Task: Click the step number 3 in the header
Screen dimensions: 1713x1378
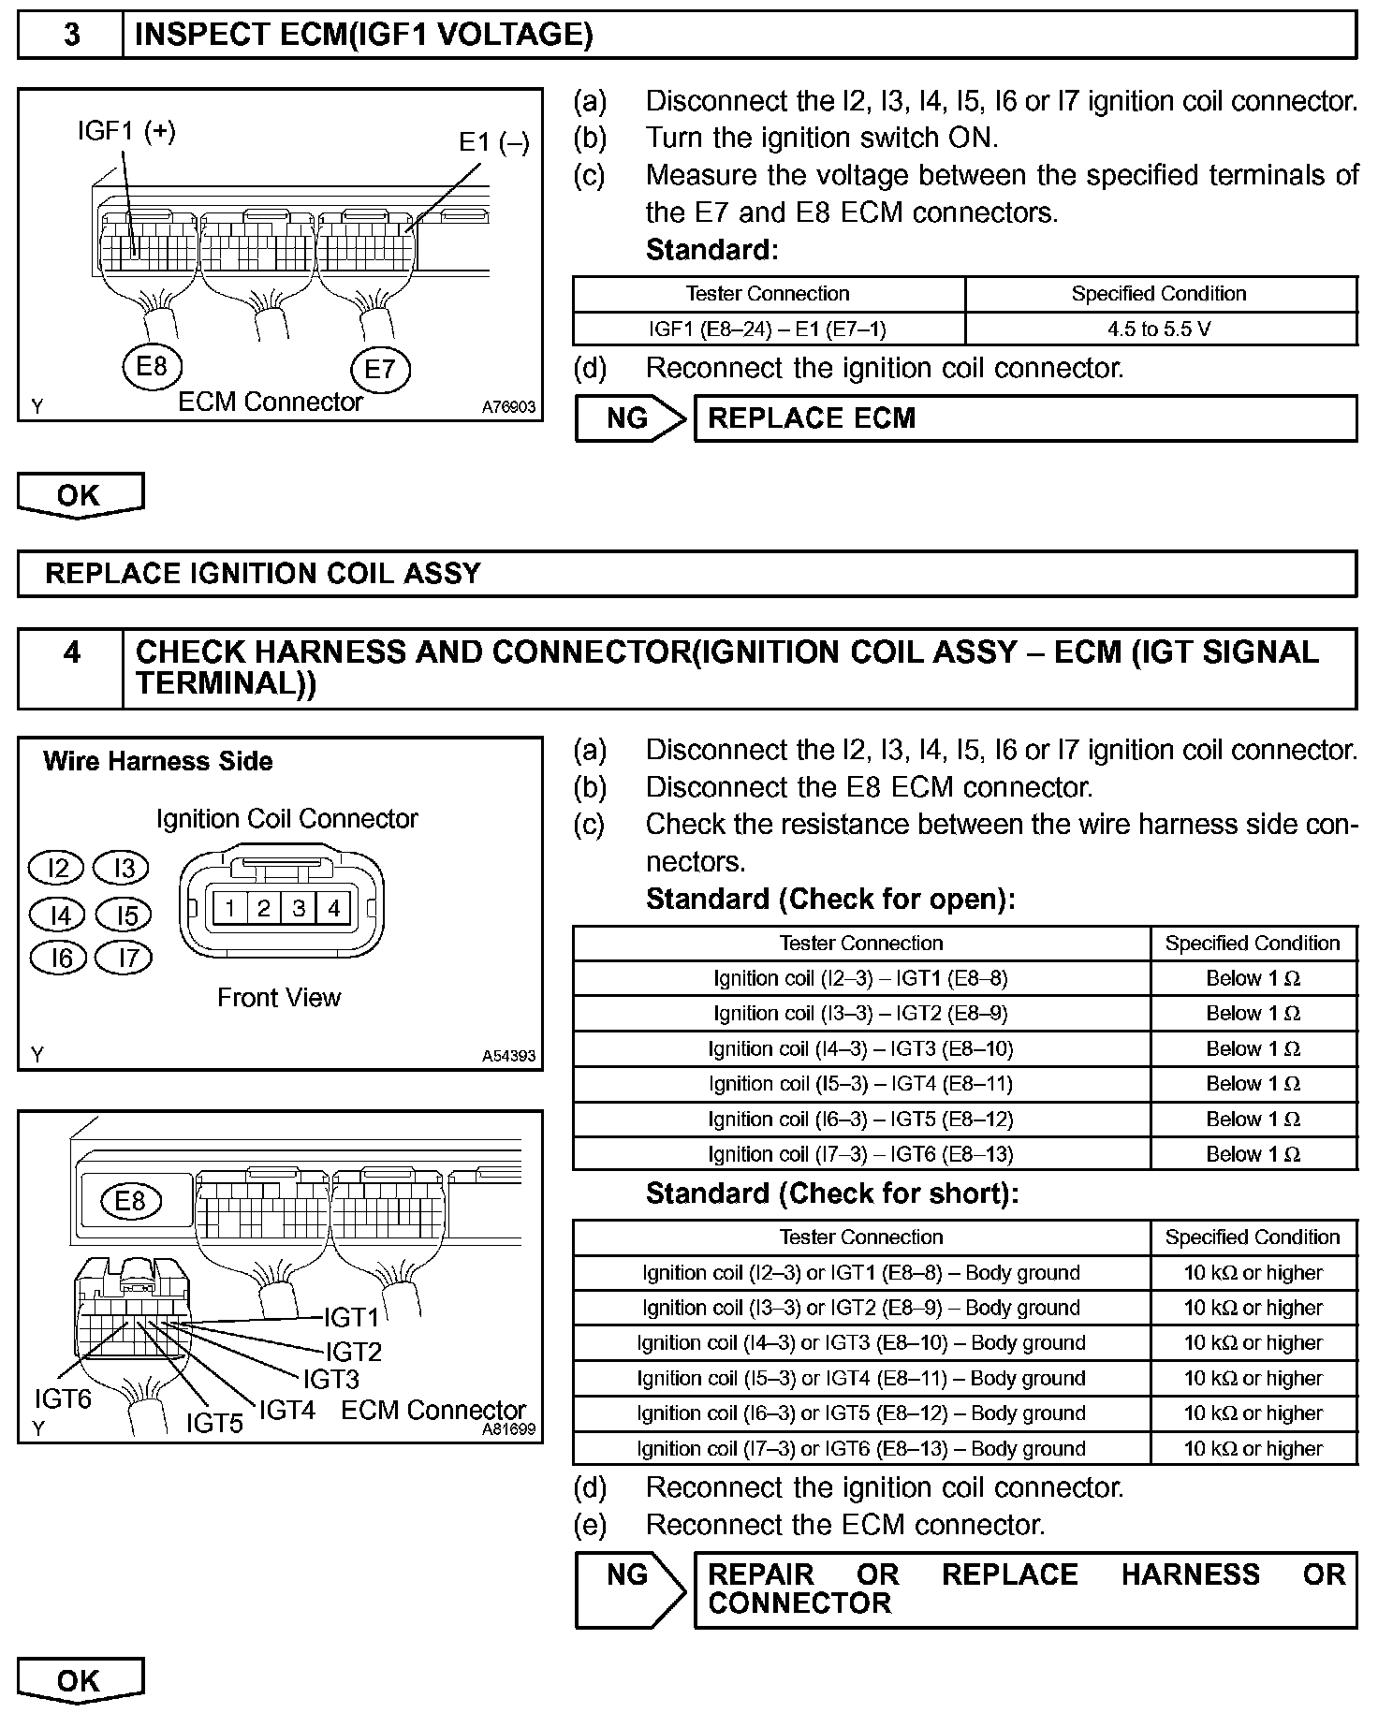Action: tap(71, 36)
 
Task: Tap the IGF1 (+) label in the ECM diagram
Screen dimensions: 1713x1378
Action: tap(126, 131)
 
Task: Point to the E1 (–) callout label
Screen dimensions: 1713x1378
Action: tap(493, 142)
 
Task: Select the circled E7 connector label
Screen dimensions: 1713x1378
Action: tap(379, 369)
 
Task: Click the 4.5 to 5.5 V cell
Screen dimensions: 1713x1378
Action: tap(1159, 329)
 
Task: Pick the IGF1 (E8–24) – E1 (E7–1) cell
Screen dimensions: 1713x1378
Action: tap(768, 329)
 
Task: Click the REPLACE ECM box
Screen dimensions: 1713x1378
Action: tap(1024, 418)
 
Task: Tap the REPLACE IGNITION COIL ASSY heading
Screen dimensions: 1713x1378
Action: tap(263, 573)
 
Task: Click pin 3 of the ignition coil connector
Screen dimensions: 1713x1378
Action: tap(299, 908)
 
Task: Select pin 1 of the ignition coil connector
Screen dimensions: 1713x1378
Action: tap(229, 908)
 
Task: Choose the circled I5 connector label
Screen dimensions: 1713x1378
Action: tap(125, 915)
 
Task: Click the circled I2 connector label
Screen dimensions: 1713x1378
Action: tap(58, 869)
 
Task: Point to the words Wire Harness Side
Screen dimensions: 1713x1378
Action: tap(158, 761)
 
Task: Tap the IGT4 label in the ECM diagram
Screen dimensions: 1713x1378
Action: tap(286, 1410)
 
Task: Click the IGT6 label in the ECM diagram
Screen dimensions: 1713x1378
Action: tap(63, 1398)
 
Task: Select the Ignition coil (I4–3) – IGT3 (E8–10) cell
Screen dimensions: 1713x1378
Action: tap(860, 1049)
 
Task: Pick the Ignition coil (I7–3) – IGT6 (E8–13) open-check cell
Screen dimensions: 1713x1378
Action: tap(860, 1154)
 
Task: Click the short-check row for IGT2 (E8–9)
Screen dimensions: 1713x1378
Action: tap(860, 1308)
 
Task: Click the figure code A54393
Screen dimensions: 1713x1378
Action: tap(508, 1056)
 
